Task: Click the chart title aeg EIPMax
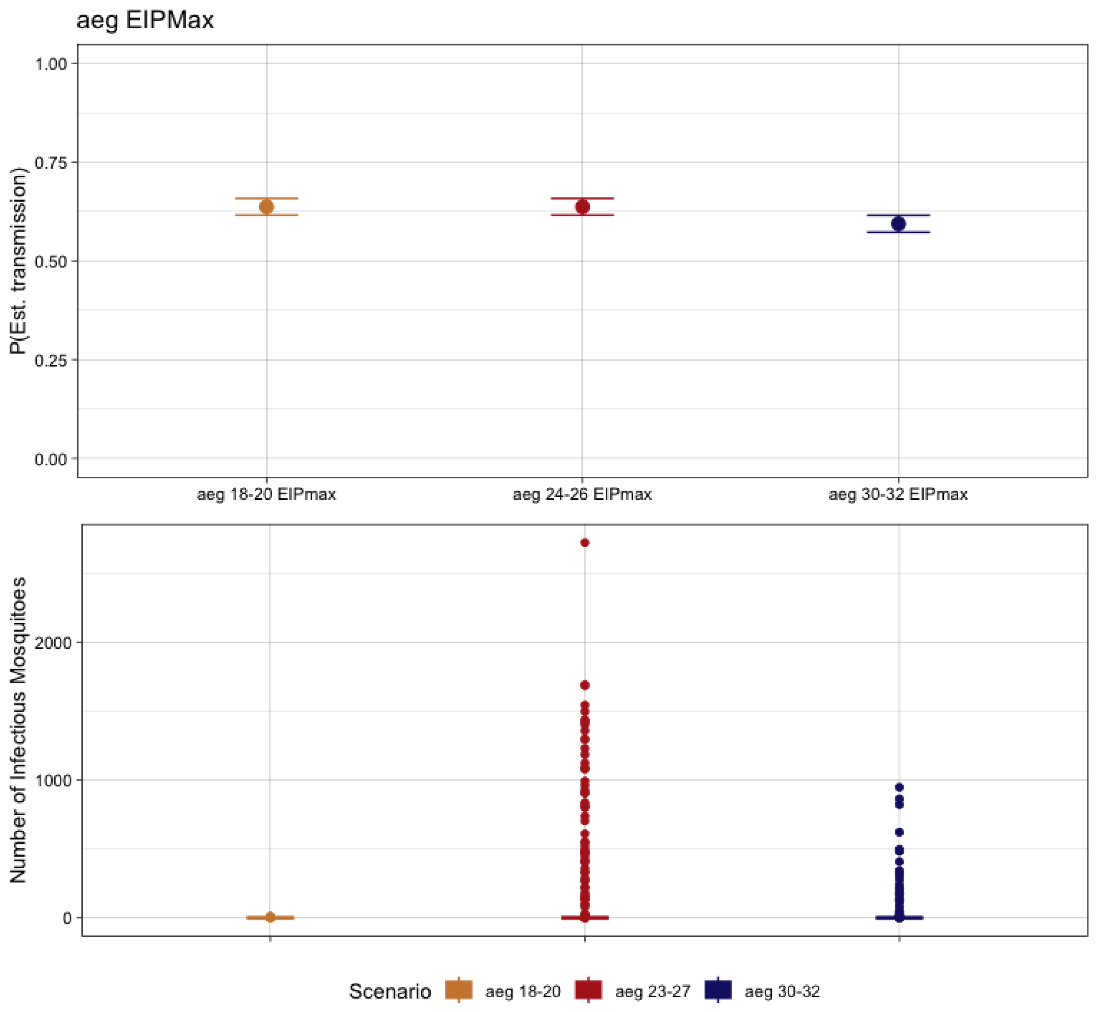[145, 21]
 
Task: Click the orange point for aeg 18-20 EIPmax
[267, 207]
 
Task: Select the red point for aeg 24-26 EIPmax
[582, 207]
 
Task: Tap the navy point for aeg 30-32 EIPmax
[898, 224]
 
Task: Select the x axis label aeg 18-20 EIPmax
[267, 495]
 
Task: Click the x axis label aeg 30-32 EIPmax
[898, 495]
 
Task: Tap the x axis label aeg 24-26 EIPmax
[582, 495]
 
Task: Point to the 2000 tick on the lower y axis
[53, 643]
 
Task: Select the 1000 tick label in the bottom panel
[53, 781]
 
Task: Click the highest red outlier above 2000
[585, 543]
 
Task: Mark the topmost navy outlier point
[899, 787]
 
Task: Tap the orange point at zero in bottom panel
[271, 917]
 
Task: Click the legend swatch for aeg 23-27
[589, 990]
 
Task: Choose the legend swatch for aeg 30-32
[718, 990]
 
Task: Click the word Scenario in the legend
[390, 992]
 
